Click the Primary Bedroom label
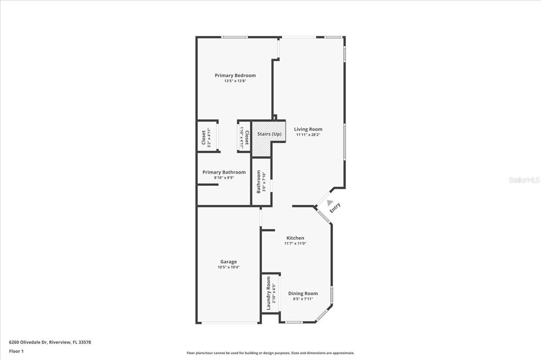(x=235, y=75)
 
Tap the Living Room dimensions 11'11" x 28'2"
(x=308, y=135)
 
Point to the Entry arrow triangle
(x=330, y=202)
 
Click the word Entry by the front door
(x=334, y=207)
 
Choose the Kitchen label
(x=295, y=238)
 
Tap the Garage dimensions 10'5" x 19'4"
(x=228, y=267)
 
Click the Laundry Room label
(x=268, y=293)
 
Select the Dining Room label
(x=303, y=293)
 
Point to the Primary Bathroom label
(x=224, y=172)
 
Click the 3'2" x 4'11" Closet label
(x=206, y=137)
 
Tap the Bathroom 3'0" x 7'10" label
(x=261, y=182)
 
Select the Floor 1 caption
(x=16, y=352)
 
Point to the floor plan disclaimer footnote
(x=270, y=353)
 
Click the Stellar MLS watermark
(x=524, y=179)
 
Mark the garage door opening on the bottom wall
(x=229, y=323)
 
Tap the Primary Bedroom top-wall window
(x=235, y=37)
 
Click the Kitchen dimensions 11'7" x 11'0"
(x=295, y=243)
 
